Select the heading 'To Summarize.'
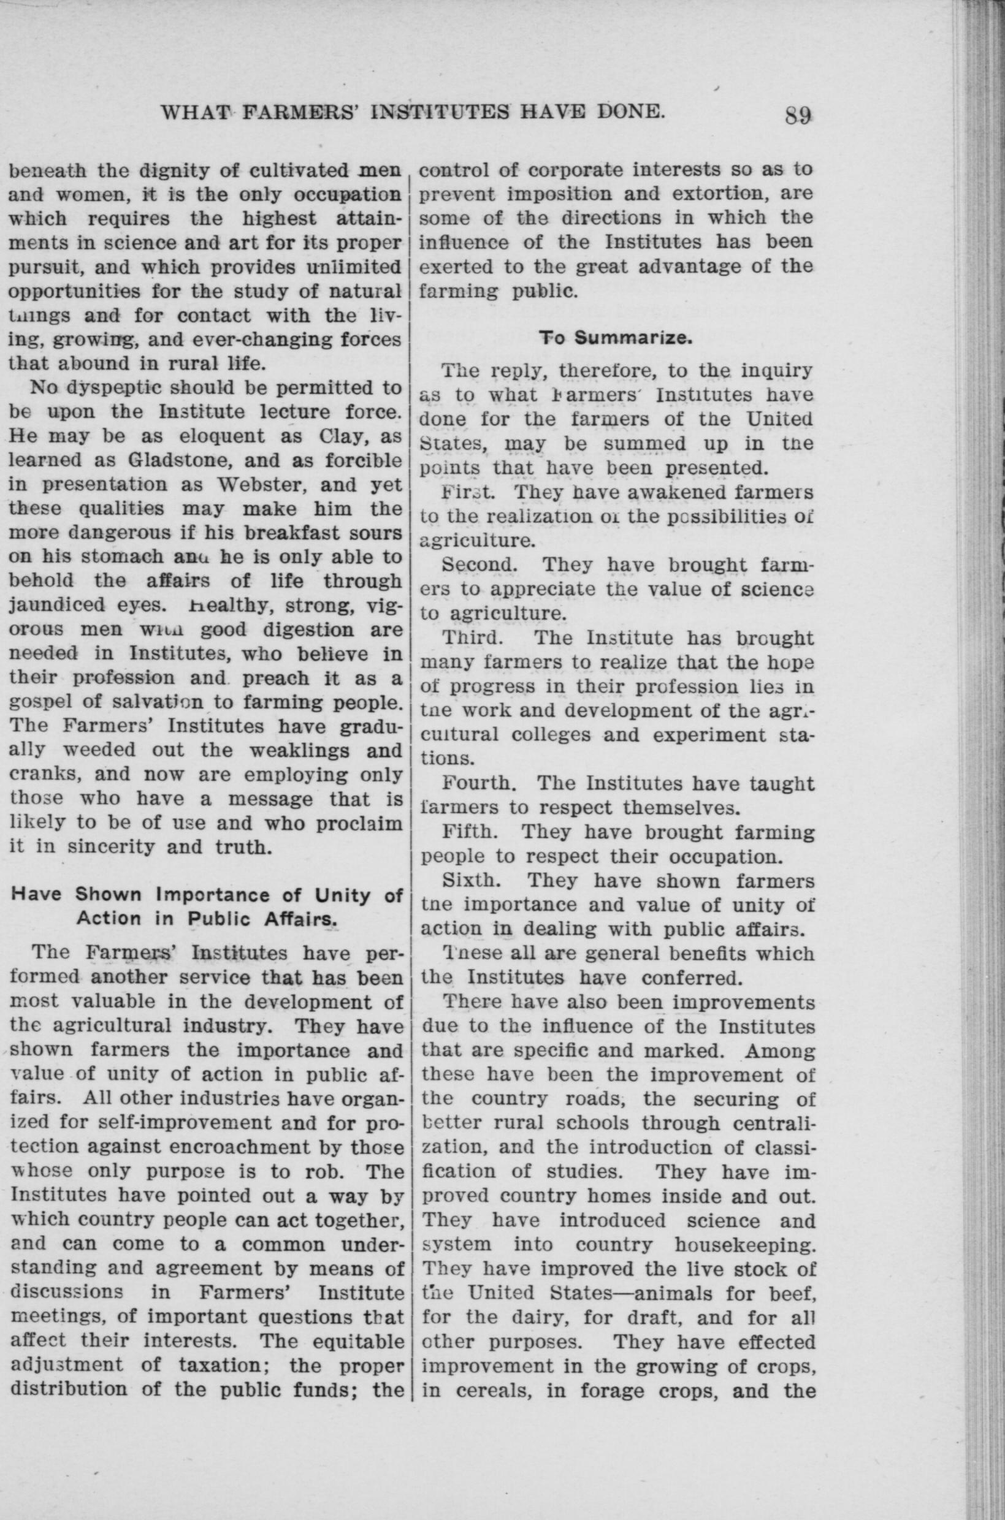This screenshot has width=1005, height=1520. (x=614, y=338)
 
